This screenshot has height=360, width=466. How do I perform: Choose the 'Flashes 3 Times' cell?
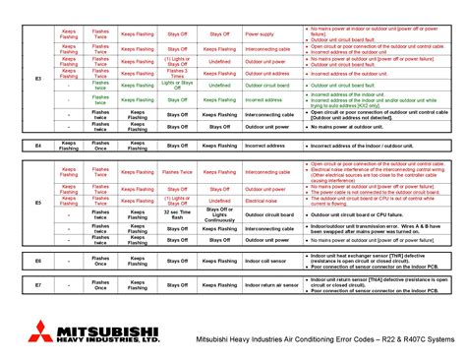[x=177, y=73]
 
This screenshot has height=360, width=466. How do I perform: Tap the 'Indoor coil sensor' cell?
[x=261, y=261]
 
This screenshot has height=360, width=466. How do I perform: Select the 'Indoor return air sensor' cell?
[x=261, y=284]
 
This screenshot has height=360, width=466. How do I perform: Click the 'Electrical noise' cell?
[x=261, y=200]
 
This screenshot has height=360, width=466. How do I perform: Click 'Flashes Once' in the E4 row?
[x=100, y=145]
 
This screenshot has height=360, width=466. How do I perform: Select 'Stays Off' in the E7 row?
[x=177, y=284]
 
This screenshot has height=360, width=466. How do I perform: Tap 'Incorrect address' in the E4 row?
[x=261, y=145]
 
